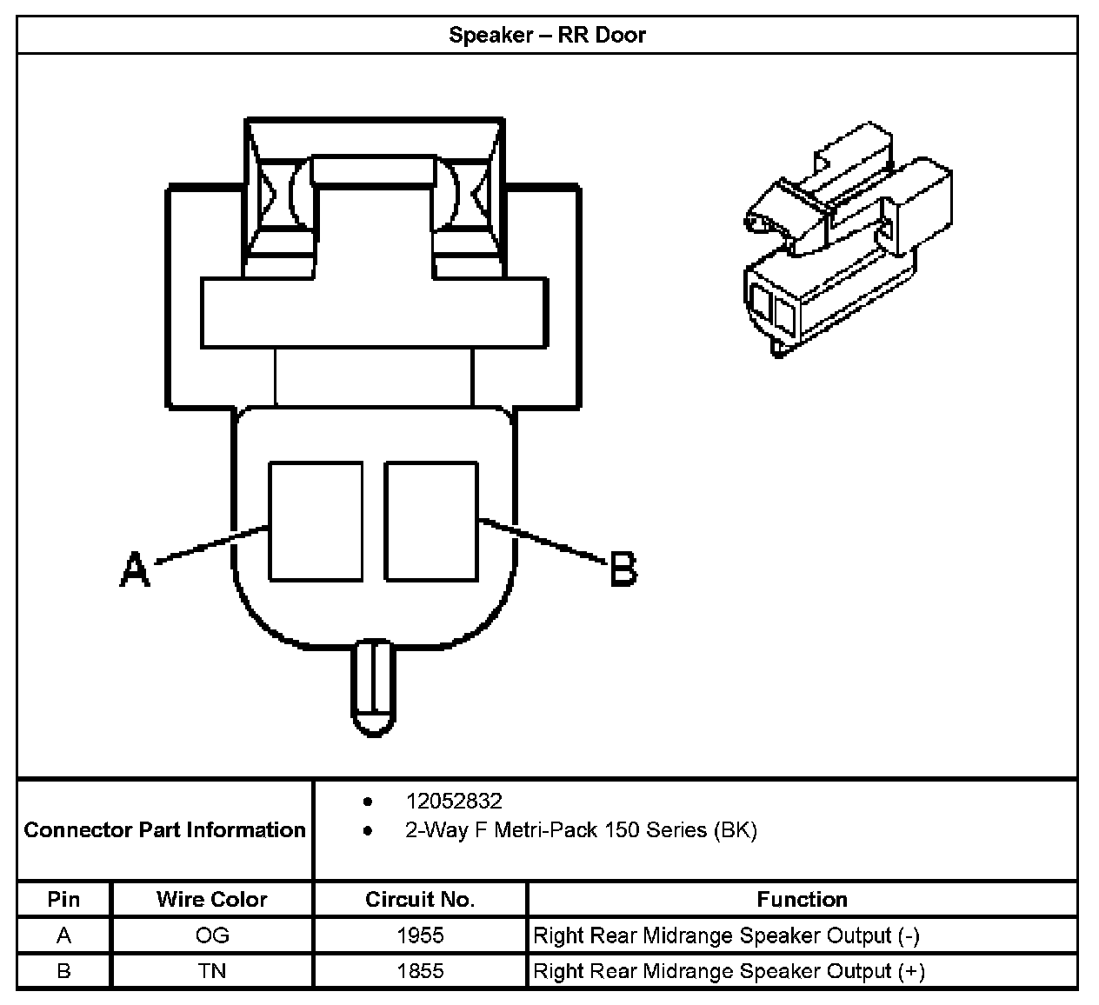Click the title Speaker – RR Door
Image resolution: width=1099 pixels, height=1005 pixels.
[x=547, y=36]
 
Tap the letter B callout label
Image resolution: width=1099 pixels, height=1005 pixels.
[x=623, y=570]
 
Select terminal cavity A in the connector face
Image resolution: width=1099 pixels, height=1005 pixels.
[x=316, y=521]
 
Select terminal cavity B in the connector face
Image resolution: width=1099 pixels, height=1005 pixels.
[x=431, y=521]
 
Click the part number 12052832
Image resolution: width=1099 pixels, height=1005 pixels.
[x=453, y=801]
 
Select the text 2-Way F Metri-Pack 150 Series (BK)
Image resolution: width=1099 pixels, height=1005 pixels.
[x=581, y=830]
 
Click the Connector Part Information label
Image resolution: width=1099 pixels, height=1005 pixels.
[x=165, y=830]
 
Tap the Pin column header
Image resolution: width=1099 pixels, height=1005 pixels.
[x=63, y=899]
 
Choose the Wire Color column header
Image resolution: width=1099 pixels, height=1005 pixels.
[x=211, y=899]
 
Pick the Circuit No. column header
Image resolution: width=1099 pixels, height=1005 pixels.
[x=420, y=899]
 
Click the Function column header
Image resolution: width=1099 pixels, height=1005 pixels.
[x=802, y=899]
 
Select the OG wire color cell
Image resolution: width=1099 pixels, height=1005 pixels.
[x=211, y=935]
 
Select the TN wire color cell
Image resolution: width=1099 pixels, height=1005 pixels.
[x=211, y=971]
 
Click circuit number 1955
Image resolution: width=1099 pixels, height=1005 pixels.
[x=420, y=935]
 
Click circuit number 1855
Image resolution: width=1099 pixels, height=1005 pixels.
[x=420, y=971]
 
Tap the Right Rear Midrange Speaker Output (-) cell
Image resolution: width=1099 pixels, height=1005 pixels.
[x=726, y=935]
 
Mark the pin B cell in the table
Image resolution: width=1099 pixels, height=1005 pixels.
[x=63, y=971]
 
